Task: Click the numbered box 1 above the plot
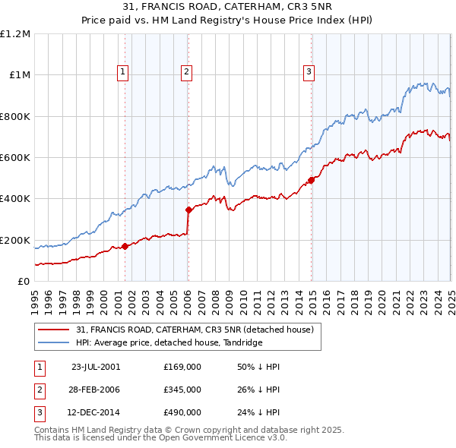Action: (123, 72)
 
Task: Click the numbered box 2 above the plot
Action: (186, 72)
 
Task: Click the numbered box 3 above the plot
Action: (309, 72)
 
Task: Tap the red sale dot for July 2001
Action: (125, 246)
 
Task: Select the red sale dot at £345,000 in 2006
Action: (188, 210)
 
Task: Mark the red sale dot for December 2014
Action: (311, 180)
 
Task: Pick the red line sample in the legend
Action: (53, 330)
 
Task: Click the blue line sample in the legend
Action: (53, 342)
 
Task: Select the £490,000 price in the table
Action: (182, 413)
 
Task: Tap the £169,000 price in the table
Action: (182, 366)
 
